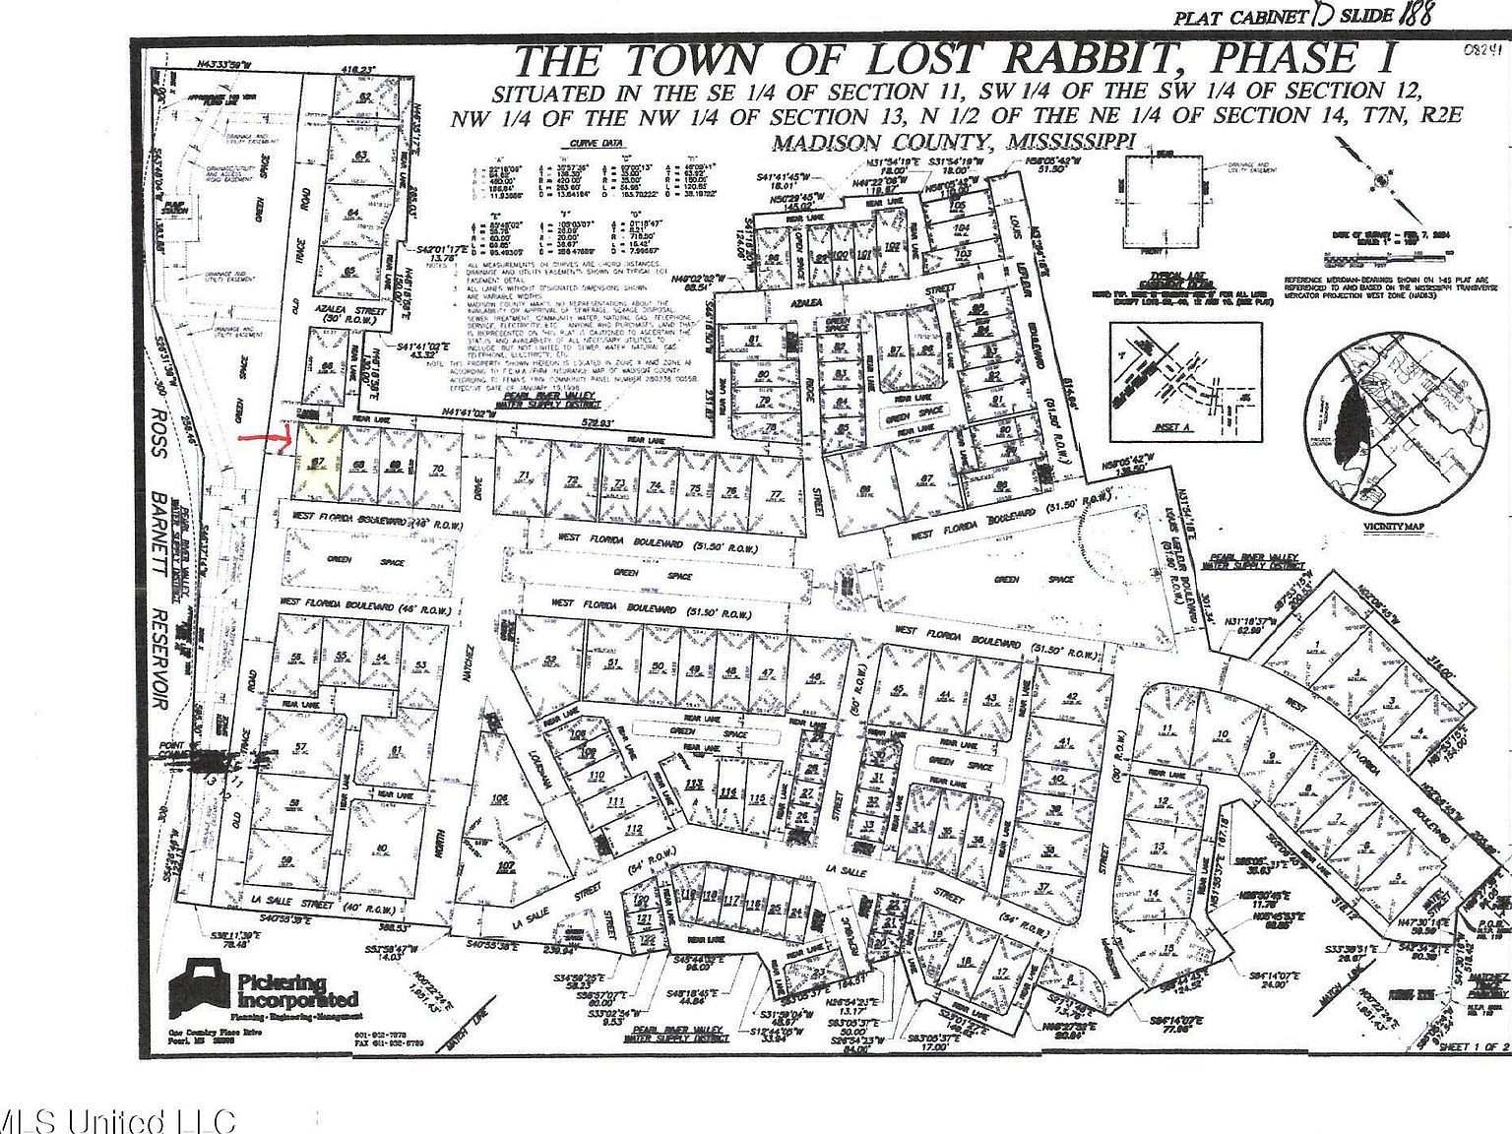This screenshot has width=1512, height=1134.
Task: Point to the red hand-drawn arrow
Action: [264, 439]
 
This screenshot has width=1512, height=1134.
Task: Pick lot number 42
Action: [1073, 697]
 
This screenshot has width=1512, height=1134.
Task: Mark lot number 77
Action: [776, 493]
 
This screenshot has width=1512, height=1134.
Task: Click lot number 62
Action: [365, 96]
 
